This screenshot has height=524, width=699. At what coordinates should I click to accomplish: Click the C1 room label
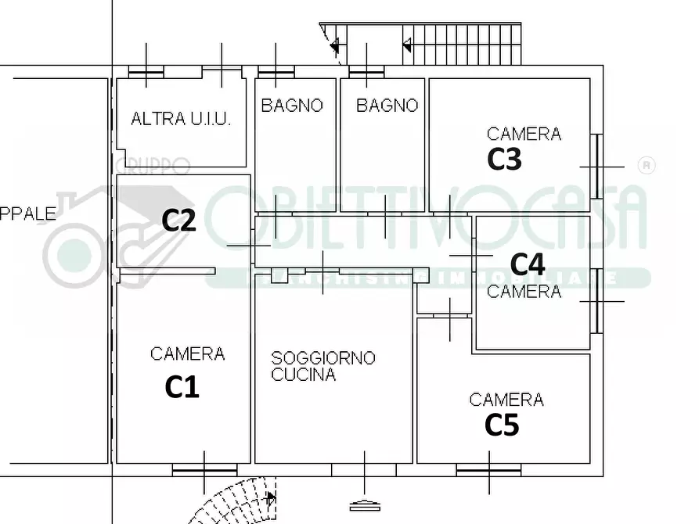pyautogui.click(x=182, y=386)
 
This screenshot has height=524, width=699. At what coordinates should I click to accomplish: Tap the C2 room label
pyautogui.click(x=178, y=221)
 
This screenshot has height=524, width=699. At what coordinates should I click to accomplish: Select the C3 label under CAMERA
pyautogui.click(x=504, y=159)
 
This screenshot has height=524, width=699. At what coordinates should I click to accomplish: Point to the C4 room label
pyautogui.click(x=528, y=263)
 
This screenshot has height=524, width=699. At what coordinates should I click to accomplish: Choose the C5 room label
pyautogui.click(x=502, y=425)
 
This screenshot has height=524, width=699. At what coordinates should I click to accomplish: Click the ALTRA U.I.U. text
pyautogui.click(x=181, y=120)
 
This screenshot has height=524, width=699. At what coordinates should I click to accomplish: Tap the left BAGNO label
pyautogui.click(x=292, y=106)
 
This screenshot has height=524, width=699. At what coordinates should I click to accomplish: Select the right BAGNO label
pyautogui.click(x=387, y=106)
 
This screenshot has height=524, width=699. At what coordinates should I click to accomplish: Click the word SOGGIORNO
pyautogui.click(x=323, y=358)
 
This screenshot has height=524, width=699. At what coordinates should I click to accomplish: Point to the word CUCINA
pyautogui.click(x=304, y=375)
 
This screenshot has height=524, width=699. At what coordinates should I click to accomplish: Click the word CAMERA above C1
pyautogui.click(x=187, y=354)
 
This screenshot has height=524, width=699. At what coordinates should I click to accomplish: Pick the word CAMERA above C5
pyautogui.click(x=506, y=400)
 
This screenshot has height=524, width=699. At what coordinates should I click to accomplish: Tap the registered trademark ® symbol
pyautogui.click(x=647, y=165)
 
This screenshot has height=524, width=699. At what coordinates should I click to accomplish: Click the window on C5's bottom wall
pyautogui.click(x=488, y=470)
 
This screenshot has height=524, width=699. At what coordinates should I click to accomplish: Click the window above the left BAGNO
pyautogui.click(x=276, y=72)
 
